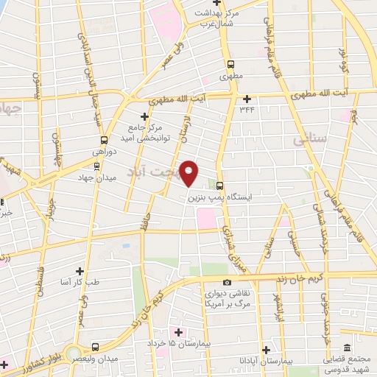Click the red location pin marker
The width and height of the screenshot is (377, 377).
[x=189, y=173]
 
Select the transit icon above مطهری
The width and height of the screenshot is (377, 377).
[x=231, y=64]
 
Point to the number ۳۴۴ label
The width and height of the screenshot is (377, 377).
[x=246, y=109]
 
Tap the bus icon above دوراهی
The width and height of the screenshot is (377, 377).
[x=103, y=138]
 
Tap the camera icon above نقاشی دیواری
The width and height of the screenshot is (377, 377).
[x=227, y=283]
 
